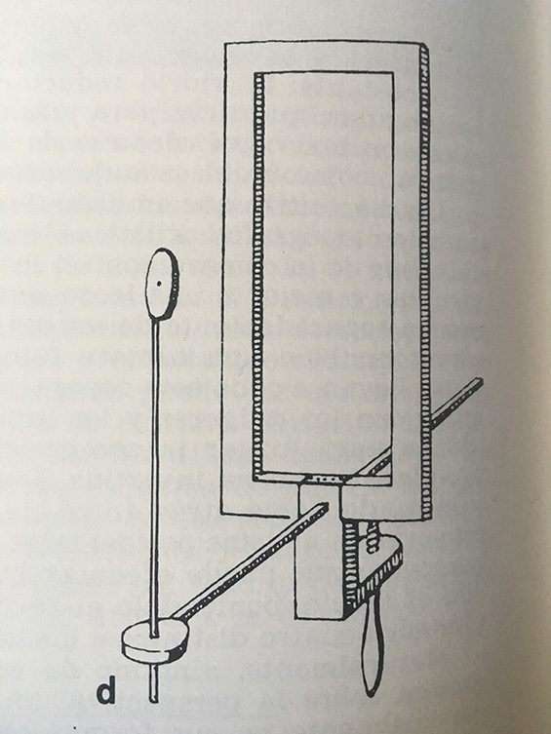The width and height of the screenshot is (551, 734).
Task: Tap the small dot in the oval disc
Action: (x=160, y=283)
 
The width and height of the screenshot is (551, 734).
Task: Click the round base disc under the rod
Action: (x=154, y=641)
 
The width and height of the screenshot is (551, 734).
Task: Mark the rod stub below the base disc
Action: (x=153, y=683)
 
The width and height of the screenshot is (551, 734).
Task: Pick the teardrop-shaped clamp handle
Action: (x=373, y=647)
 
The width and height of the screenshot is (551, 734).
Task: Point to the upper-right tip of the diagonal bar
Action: (x=481, y=380)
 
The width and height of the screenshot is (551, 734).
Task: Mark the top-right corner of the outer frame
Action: (x=428, y=43)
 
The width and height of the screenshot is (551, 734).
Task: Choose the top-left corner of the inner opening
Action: (x=256, y=73)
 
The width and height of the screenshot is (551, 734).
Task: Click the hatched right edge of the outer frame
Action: (x=425, y=281)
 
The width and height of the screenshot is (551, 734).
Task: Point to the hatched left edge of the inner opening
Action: (x=257, y=276)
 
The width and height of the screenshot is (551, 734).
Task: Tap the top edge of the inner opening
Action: (x=324, y=73)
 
